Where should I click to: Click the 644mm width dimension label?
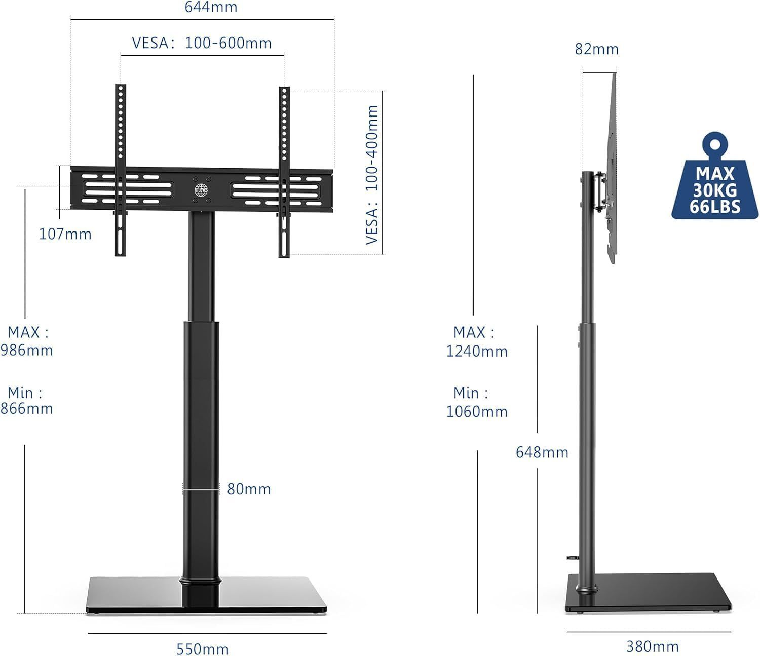click(211, 7)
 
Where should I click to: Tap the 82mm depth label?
click(597, 49)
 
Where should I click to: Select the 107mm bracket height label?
click(65, 234)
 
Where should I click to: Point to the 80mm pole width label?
click(249, 489)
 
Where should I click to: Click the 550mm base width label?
click(203, 649)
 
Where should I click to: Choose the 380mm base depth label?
click(653, 646)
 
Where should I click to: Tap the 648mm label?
click(542, 452)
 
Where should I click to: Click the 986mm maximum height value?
click(27, 350)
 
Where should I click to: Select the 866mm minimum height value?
click(27, 408)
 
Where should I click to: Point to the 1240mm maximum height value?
click(477, 351)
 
